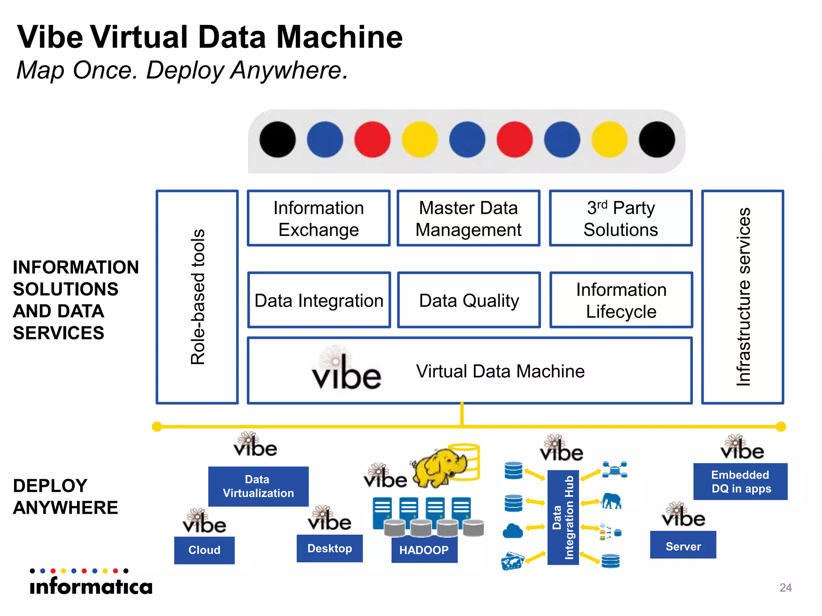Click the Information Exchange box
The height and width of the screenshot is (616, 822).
coord(319,218)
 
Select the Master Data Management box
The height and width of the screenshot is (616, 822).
coord(468,218)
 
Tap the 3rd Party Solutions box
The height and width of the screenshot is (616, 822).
coord(621,218)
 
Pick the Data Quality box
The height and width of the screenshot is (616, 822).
coord(469,300)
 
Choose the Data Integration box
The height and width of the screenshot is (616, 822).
coord(319,300)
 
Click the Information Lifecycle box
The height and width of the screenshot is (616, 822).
coord(621,300)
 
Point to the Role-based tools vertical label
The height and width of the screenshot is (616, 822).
coord(197,297)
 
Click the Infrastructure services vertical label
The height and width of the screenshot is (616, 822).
coord(743,297)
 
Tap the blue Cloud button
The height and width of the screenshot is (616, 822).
coord(204,550)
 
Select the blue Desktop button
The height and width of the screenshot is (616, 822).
coord(330,548)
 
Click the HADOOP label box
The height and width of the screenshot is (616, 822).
coord(424,550)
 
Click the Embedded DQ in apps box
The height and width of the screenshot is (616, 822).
coord(740,481)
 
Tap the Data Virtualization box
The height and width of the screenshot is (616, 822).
coord(258,486)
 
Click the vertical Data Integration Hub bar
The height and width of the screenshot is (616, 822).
coord(563,517)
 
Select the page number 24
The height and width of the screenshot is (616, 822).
coord(785,588)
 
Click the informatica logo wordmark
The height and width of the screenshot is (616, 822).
coord(91,586)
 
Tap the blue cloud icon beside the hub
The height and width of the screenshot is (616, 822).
coord(513,531)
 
